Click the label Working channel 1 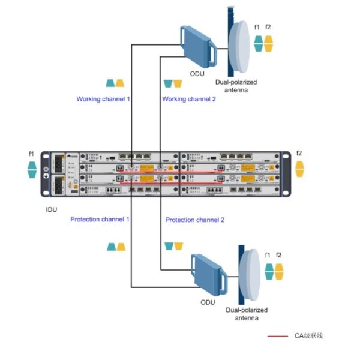pos(103,98)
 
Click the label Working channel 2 pos(189,98)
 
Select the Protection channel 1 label pos(100,220)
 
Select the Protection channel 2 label pos(194,220)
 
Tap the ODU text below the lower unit pos(208,302)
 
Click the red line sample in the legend pos(277,336)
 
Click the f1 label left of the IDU pos(32,154)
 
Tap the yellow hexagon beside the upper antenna pos(268,43)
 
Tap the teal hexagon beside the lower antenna pos(269,271)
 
